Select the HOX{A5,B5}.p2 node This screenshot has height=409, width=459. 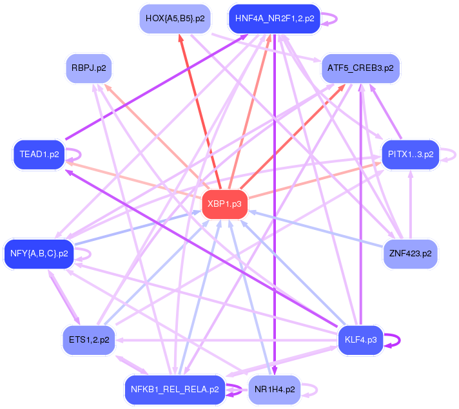(175, 19)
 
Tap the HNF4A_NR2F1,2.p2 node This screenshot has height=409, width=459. (275, 19)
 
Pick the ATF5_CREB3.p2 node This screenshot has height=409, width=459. (360, 67)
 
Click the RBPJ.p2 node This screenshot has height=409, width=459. (89, 68)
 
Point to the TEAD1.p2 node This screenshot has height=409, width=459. (39, 155)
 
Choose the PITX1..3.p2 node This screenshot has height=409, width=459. (410, 155)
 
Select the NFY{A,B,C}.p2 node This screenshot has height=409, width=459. (39, 253)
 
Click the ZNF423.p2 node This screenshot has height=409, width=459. (410, 253)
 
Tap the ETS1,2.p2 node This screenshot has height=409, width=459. (88, 339)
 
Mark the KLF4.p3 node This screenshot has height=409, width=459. (360, 339)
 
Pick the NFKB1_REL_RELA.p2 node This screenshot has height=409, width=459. (174, 389)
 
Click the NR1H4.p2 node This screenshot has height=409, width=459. (274, 389)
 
